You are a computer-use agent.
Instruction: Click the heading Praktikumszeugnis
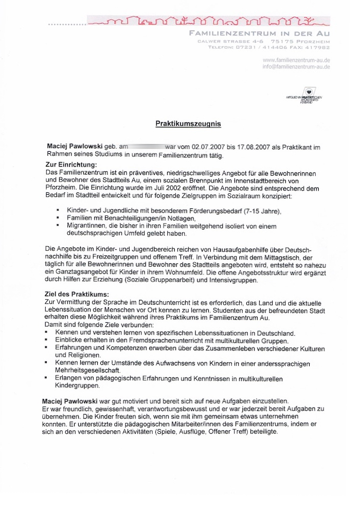[188, 124]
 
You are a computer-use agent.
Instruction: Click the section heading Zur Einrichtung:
[67, 164]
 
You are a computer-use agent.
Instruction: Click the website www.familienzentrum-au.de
[296, 60]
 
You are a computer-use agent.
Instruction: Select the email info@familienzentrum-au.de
[296, 67]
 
